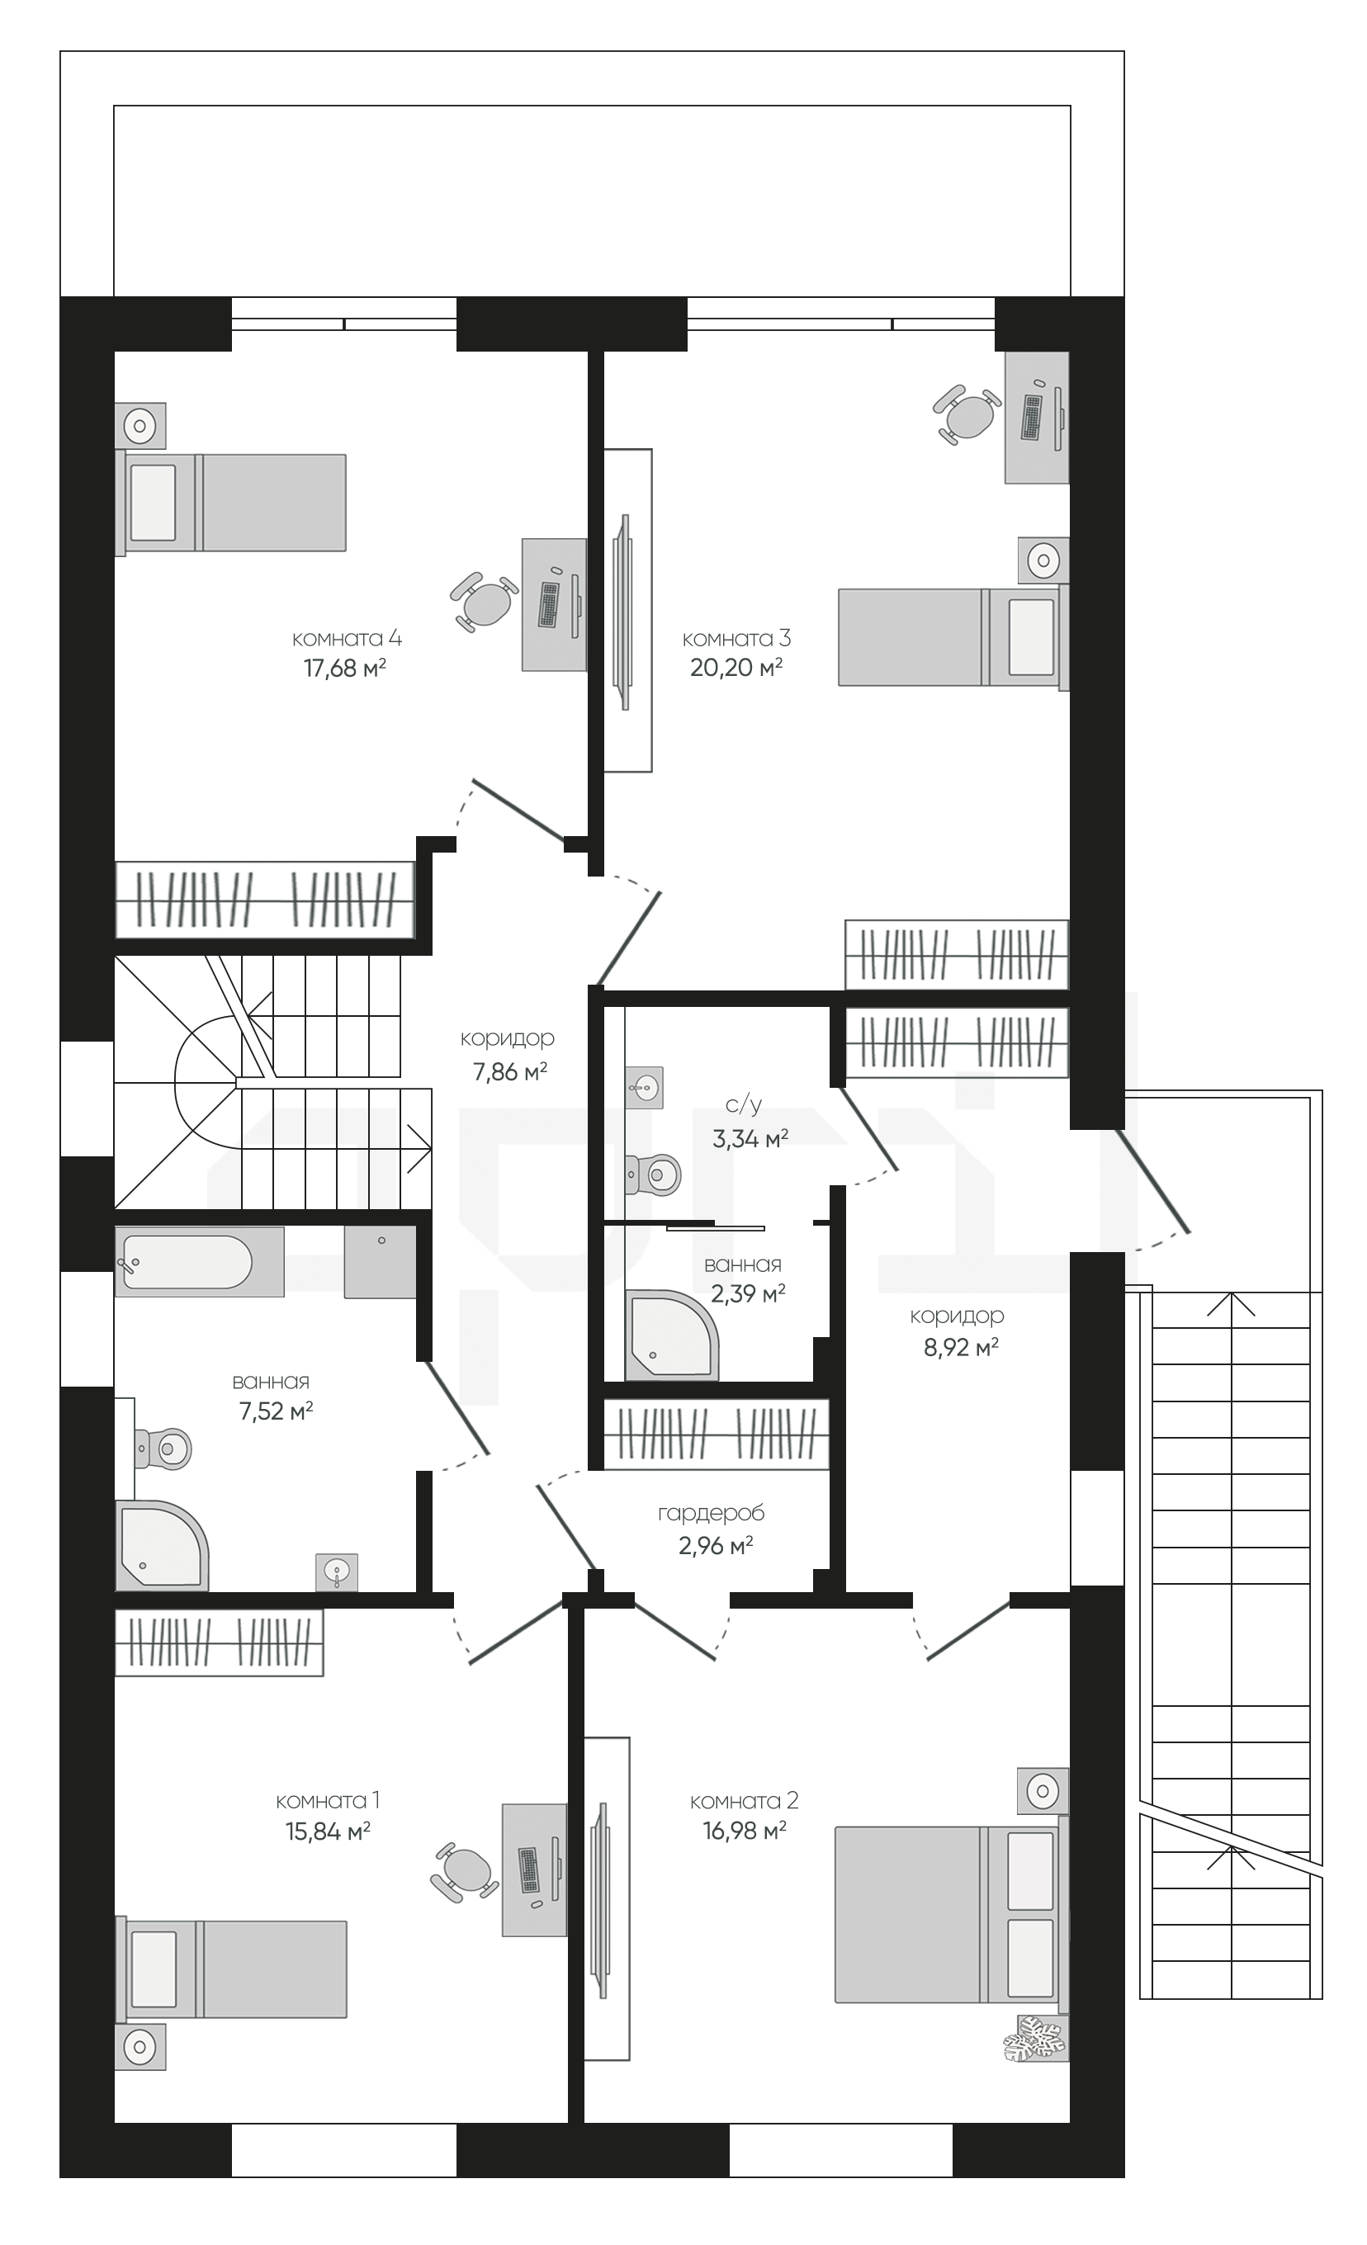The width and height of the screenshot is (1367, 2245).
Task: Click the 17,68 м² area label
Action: pyautogui.click(x=344, y=669)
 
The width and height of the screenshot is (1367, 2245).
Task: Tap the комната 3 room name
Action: pyautogui.click(x=736, y=639)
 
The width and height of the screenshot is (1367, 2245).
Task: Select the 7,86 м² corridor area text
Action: pyautogui.click(x=509, y=1071)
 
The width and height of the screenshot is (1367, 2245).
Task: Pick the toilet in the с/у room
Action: pyautogui.click(x=654, y=1174)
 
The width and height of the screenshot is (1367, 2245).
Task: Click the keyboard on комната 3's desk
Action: pyautogui.click(x=1032, y=418)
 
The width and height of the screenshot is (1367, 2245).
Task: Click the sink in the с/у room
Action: pyautogui.click(x=645, y=1087)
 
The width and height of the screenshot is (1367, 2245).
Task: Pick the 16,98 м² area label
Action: pyautogui.click(x=745, y=1831)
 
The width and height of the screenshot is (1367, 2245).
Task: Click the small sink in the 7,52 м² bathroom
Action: pyautogui.click(x=337, y=1571)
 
